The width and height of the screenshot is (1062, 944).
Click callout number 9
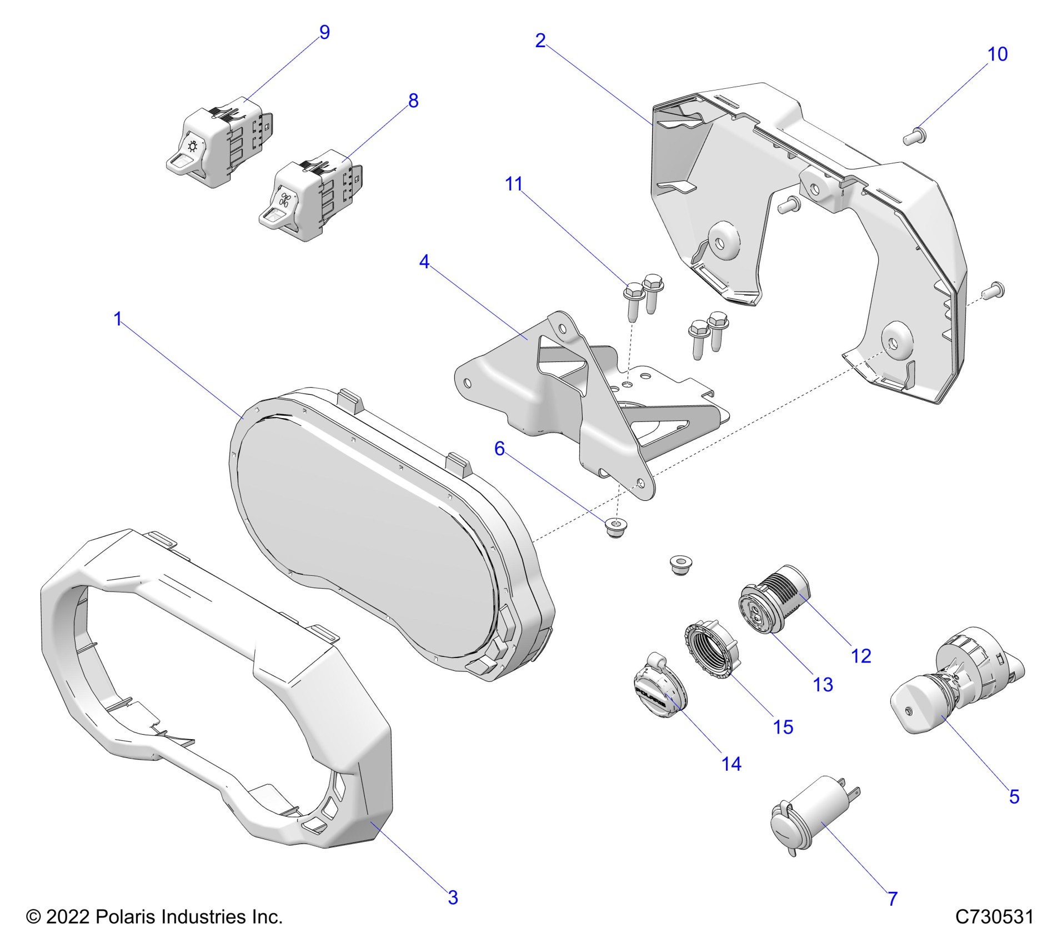coord(325,33)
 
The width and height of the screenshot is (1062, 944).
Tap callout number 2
coord(540,41)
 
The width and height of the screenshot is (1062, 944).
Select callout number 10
coord(998,54)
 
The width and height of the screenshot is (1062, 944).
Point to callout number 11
coord(514,184)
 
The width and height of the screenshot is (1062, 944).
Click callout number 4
coord(424,262)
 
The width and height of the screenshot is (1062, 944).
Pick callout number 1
coord(118,319)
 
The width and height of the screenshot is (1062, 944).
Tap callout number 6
coord(499,448)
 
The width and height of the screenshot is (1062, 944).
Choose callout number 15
coord(783,727)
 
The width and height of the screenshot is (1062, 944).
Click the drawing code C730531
coord(994,917)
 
